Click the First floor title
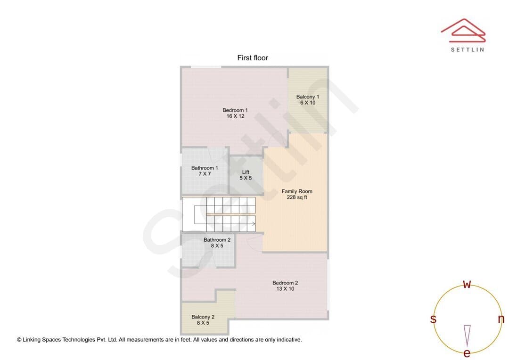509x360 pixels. [x=253, y=58]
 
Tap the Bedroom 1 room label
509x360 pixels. [x=235, y=110]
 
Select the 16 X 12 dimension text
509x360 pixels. [x=235, y=116]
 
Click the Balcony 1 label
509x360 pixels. [x=308, y=97]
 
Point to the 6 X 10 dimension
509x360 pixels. [x=308, y=103]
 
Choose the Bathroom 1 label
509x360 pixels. [x=205, y=168]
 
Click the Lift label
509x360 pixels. [x=246, y=172]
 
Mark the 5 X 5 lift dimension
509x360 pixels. [x=246, y=178]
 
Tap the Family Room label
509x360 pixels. [x=297, y=191]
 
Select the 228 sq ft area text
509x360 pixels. [x=297, y=197]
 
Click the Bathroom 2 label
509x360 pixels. [x=217, y=240]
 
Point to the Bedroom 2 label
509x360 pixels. [x=285, y=283]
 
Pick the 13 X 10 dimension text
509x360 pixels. [x=285, y=288]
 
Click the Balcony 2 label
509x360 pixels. [x=203, y=317]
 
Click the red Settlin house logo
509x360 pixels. [x=463, y=31]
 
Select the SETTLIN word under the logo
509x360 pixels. [x=468, y=49]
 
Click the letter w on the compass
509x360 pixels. [x=467, y=284]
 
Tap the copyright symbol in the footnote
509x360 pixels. [x=19, y=340]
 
